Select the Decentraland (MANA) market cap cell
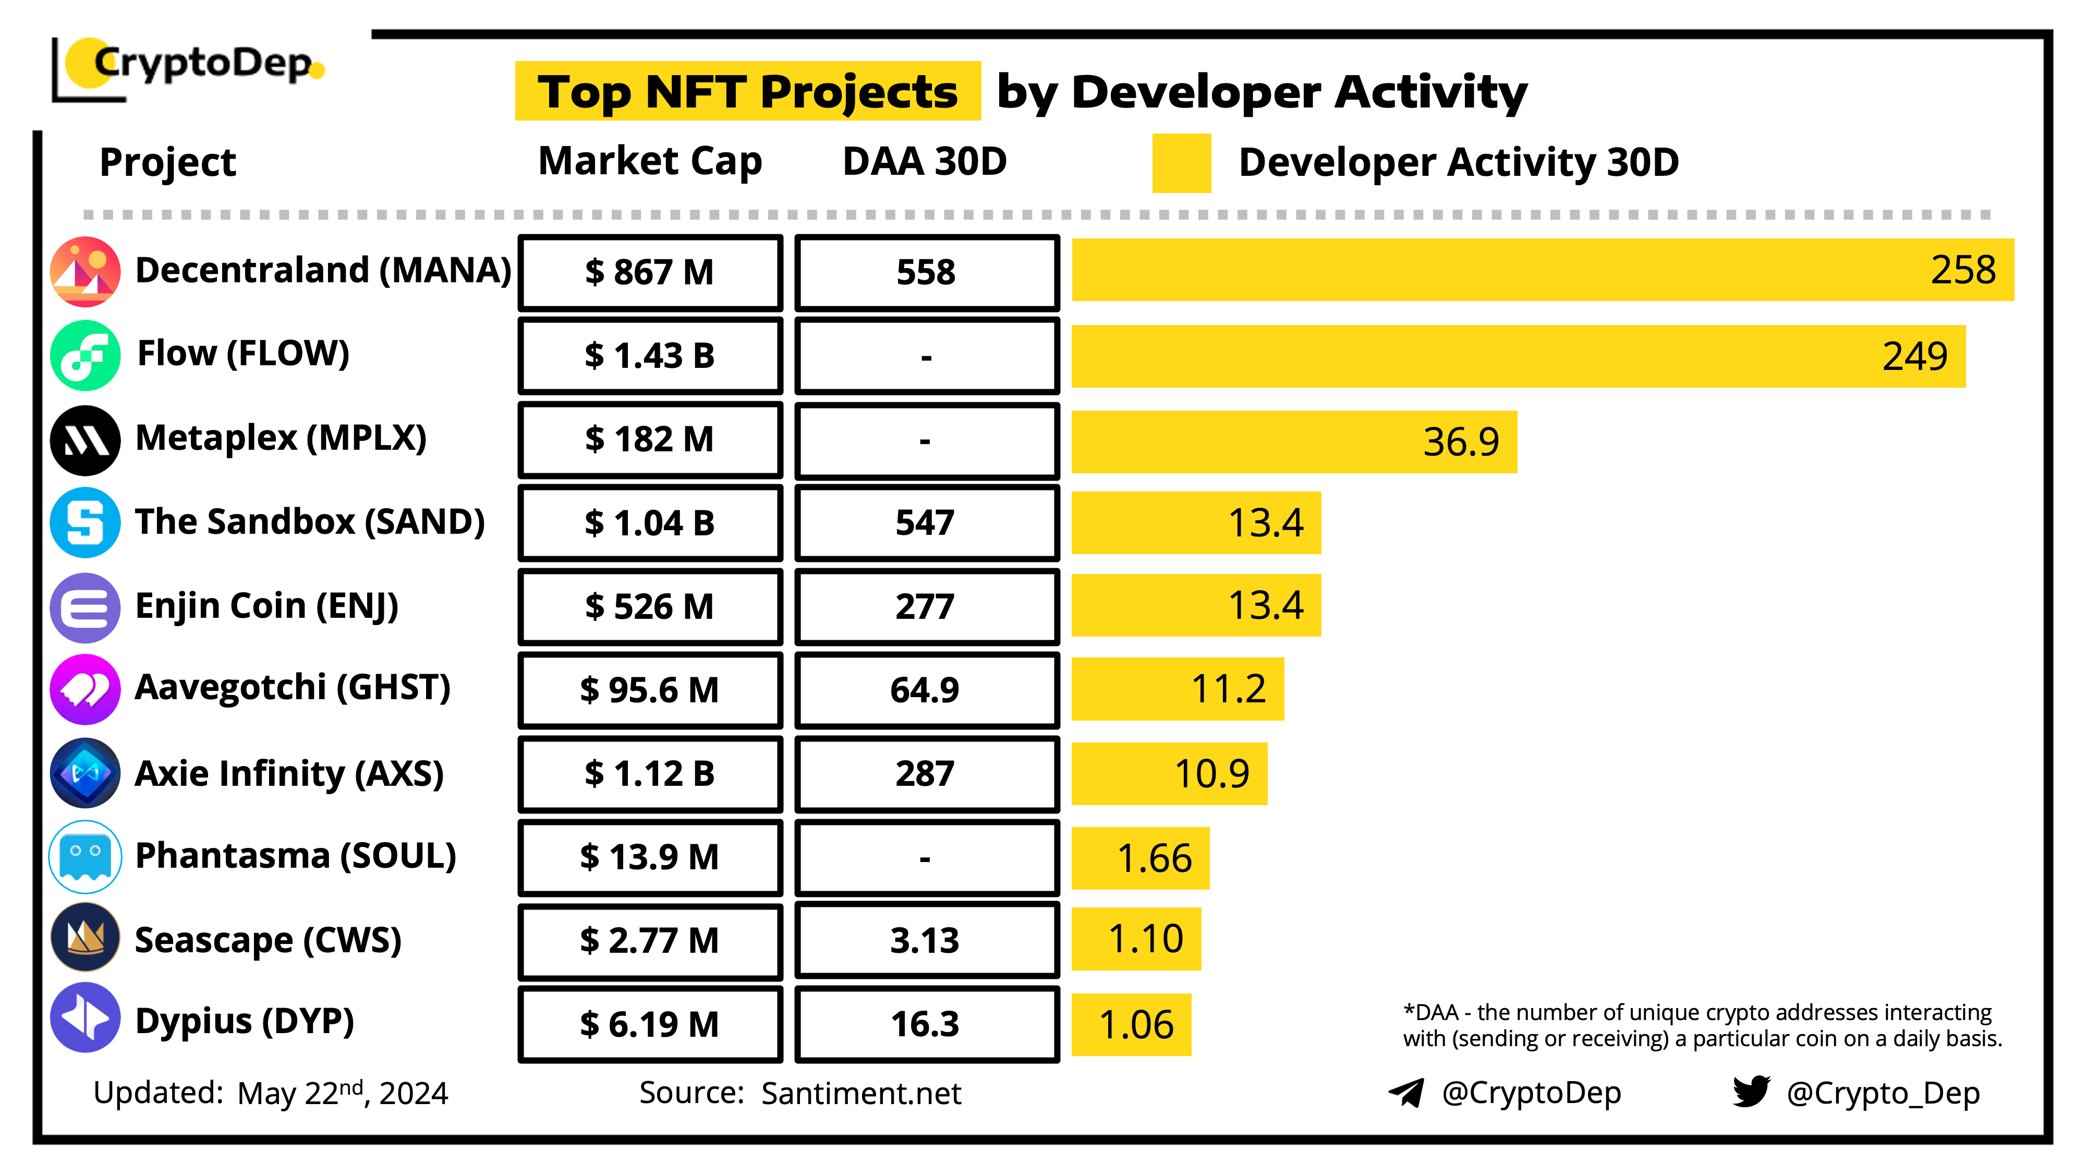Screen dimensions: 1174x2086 tap(650, 272)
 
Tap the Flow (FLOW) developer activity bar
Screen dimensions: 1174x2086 tap(1518, 356)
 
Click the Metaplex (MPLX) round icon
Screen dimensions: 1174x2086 tap(85, 440)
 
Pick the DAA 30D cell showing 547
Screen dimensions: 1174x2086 tap(926, 523)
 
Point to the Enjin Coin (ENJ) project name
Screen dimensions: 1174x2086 tap(266, 606)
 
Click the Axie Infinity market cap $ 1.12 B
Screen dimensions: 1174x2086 tap(650, 774)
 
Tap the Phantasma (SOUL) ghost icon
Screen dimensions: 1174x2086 tap(85, 856)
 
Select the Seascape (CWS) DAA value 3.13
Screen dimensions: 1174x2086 tap(926, 941)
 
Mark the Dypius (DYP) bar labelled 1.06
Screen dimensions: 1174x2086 tap(1131, 1025)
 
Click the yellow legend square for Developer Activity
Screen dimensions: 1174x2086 tap(1182, 163)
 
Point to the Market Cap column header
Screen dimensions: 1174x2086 tap(650, 161)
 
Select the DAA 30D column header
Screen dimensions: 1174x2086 tap(925, 161)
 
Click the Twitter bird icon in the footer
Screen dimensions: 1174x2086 tap(1751, 1092)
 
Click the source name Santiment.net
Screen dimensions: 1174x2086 tap(861, 1094)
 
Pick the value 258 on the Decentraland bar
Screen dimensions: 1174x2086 tap(1963, 270)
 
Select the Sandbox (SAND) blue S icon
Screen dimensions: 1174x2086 tap(85, 523)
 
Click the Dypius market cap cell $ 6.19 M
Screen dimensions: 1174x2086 tap(650, 1025)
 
